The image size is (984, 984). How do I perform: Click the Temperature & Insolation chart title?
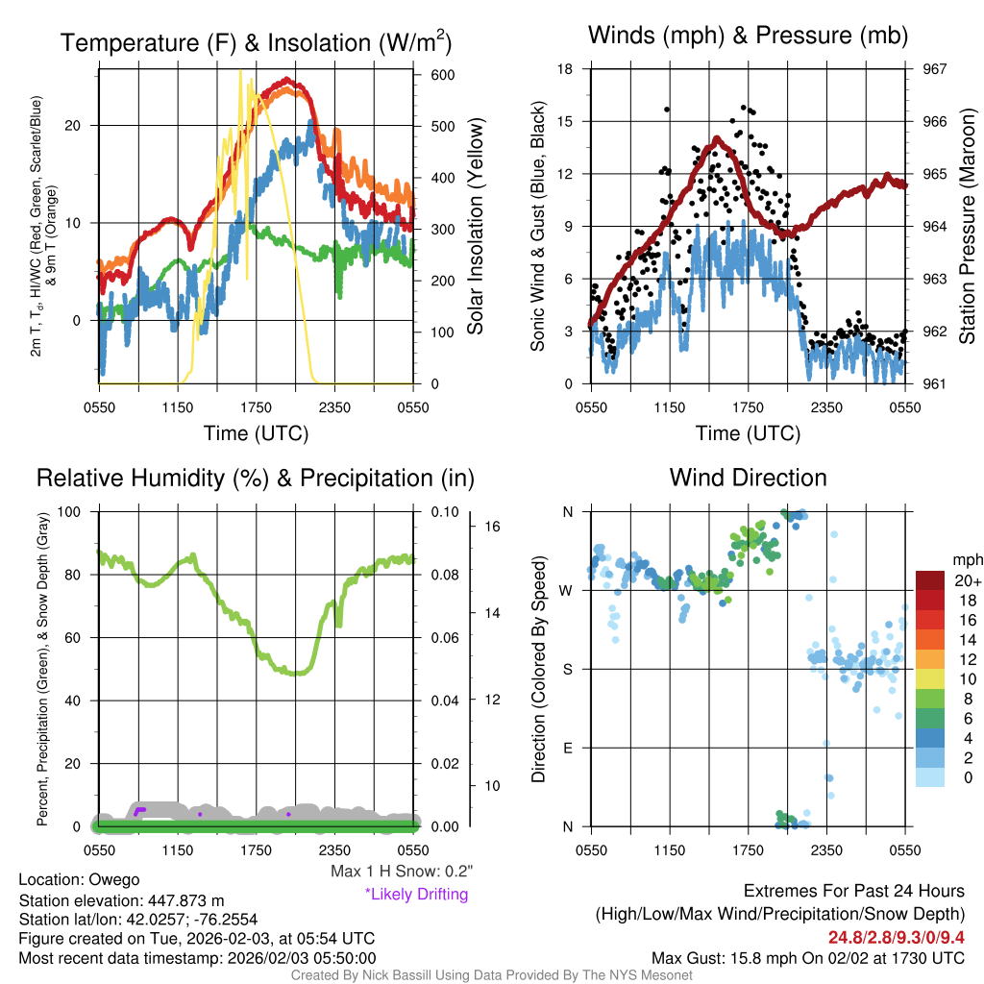point(256,43)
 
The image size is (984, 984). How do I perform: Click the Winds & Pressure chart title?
point(748,37)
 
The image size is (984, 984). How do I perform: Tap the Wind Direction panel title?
point(748,478)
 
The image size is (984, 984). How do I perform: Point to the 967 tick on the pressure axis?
point(934,69)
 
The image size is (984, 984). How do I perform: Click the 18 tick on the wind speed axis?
point(566,69)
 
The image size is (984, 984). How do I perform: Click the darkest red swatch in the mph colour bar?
point(931,581)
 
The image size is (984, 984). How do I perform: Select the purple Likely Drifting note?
point(416,894)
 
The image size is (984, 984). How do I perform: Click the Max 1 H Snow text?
point(401,871)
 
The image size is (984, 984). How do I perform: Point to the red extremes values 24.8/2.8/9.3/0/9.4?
point(896,937)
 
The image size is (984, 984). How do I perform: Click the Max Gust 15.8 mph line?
point(807,957)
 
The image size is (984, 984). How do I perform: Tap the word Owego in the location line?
point(114,879)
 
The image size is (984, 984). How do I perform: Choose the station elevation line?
point(121,900)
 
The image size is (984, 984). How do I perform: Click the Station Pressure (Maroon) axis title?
point(968,226)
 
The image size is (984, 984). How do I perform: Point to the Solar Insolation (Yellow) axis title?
point(475,226)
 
